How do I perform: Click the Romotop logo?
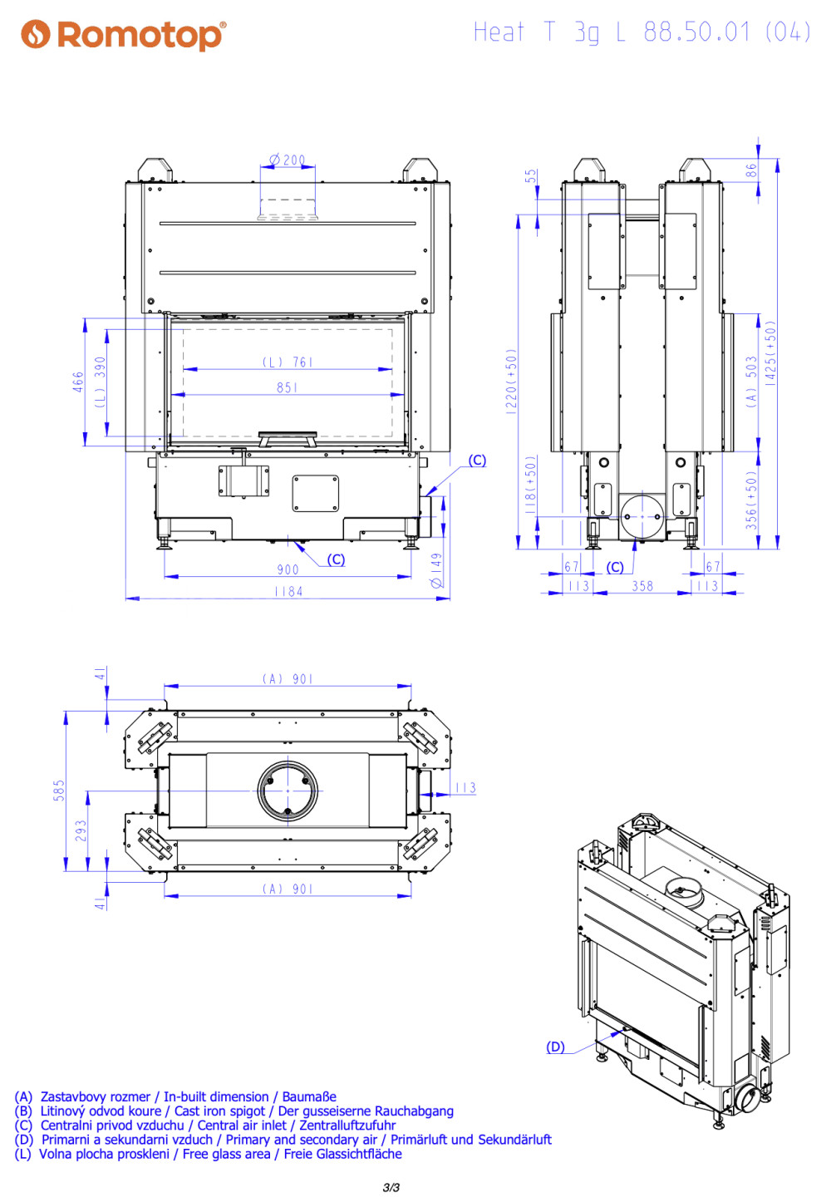123,35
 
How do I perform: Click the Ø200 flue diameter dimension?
287,160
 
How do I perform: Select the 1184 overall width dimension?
288,591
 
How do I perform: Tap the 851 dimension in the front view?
287,387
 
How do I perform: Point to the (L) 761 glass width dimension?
287,362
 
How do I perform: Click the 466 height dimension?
78,382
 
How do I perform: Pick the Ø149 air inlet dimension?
437,570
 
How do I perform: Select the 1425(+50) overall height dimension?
770,352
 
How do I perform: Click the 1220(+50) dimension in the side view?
511,382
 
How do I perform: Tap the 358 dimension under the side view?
642,586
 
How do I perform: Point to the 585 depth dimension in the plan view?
58,791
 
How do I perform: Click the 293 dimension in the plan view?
81,830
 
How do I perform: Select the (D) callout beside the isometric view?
555,1047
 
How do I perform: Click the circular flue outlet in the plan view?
288,791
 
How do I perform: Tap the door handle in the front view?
288,438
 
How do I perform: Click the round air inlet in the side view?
642,517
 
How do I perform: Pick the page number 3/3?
391,1188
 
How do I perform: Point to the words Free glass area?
226,1155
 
